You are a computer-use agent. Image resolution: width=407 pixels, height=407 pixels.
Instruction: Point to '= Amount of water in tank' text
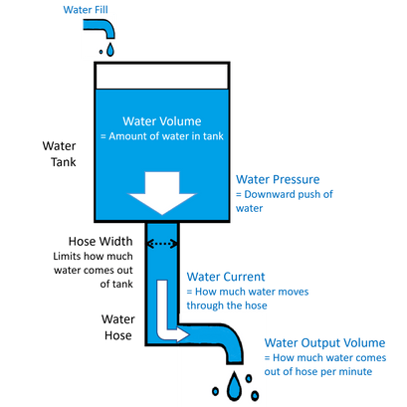166,134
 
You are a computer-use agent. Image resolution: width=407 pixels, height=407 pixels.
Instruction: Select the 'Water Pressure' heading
278,180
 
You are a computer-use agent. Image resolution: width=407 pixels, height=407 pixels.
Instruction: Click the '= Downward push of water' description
285,202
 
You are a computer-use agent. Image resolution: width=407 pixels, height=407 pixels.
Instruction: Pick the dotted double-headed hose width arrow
160,244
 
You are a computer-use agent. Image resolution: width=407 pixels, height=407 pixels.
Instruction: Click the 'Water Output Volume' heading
318,341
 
